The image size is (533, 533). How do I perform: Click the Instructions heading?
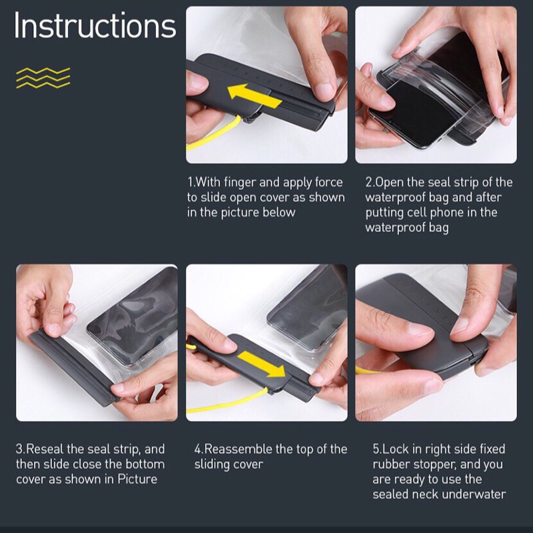click(95, 26)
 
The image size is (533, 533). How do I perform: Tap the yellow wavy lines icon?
click(43, 78)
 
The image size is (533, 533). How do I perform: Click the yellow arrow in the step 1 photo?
click(254, 96)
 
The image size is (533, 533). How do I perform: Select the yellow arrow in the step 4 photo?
click(262, 364)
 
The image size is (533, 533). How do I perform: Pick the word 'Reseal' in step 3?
click(45, 449)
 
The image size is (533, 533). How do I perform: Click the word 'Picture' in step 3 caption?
click(137, 479)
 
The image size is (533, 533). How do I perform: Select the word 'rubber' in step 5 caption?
click(390, 464)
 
